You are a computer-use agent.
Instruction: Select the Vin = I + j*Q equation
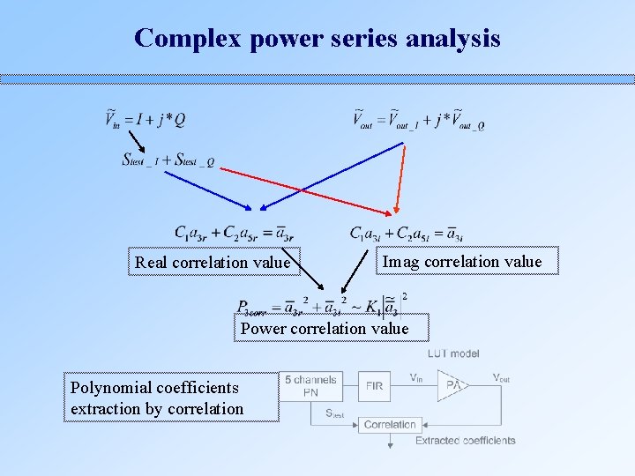(146, 118)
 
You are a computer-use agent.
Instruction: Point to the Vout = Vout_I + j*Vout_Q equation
(418, 119)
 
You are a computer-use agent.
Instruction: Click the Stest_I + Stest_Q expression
(168, 160)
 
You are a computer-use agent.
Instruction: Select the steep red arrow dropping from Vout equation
(400, 180)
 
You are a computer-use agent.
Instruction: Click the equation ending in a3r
(234, 234)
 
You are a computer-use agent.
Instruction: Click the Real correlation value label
(212, 262)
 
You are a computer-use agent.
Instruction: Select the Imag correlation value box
(462, 261)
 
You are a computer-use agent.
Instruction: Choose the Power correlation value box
(325, 328)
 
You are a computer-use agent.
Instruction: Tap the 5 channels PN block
(310, 386)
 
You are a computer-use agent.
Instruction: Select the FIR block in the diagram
(374, 385)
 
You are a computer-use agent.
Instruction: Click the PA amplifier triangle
(452, 385)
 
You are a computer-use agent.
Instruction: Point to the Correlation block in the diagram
(390, 424)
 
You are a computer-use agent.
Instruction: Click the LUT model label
(452, 353)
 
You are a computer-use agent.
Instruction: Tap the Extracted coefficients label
(466, 440)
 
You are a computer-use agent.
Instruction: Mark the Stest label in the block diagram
(334, 413)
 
